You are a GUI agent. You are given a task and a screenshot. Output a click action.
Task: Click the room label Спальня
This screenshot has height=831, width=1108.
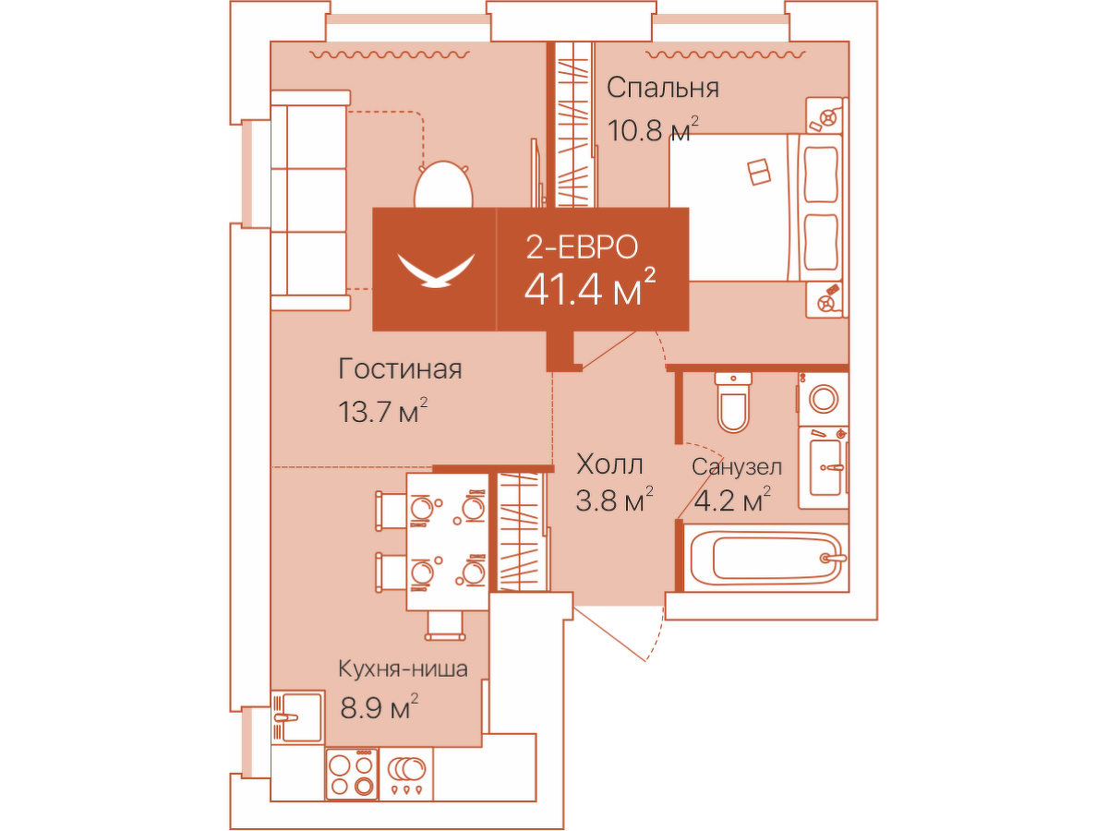click(662, 88)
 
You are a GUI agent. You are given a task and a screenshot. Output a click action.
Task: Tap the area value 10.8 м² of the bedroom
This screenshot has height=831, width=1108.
click(653, 129)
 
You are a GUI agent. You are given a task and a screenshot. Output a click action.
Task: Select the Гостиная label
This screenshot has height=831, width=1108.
click(400, 368)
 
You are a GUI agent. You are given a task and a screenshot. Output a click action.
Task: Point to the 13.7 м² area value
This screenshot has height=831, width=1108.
click(383, 411)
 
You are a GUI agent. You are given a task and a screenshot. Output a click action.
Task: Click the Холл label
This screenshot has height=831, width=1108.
click(609, 464)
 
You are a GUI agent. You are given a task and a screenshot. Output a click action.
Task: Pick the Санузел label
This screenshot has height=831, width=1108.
click(737, 467)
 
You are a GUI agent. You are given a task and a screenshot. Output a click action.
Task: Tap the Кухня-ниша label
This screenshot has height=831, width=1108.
click(403, 669)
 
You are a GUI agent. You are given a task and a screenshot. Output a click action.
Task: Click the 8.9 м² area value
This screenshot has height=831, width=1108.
click(379, 707)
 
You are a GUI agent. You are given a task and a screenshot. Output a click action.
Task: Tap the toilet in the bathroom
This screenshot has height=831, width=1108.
click(733, 403)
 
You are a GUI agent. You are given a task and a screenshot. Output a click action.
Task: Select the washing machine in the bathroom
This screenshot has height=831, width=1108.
click(823, 399)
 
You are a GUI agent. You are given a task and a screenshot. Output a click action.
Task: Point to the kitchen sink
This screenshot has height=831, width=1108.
click(297, 717)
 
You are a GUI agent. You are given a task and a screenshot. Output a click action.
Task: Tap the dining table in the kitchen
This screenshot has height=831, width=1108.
click(448, 541)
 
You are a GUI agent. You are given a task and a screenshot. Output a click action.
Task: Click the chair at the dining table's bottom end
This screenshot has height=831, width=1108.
click(446, 626)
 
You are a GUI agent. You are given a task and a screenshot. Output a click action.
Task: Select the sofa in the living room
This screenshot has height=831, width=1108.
click(309, 199)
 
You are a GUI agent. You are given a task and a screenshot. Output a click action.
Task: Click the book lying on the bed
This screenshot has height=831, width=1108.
click(759, 172)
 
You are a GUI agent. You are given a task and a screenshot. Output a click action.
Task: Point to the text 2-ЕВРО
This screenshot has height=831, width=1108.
click(582, 247)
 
